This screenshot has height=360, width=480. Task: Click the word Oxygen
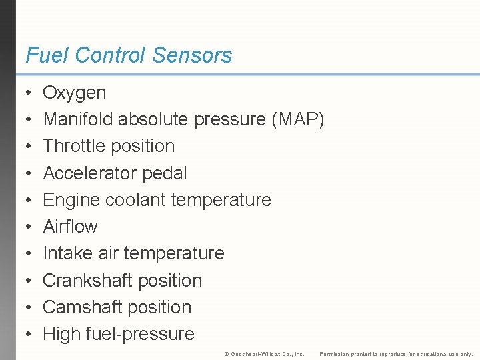[x=74, y=93]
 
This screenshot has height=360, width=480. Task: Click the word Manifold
[x=78, y=119]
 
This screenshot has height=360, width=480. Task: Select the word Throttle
[x=74, y=146]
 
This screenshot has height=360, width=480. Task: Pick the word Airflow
[x=70, y=227]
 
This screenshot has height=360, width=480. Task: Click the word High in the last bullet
[x=60, y=334]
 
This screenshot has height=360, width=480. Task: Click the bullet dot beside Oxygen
[x=27, y=93]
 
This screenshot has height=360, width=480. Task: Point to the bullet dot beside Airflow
[x=27, y=227]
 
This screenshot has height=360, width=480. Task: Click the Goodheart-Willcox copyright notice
[x=264, y=354]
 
